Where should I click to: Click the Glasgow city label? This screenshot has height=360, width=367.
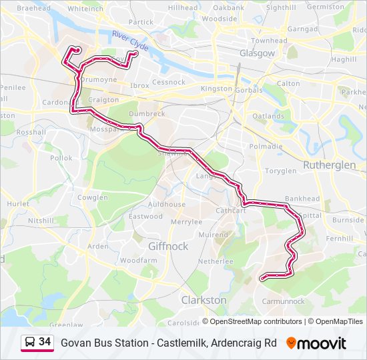point(257,53)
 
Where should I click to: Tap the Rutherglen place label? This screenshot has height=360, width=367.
point(330,164)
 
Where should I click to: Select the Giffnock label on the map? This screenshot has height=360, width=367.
point(168,246)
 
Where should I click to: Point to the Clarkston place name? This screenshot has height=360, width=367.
point(204,300)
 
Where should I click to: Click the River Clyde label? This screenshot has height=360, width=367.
point(130,41)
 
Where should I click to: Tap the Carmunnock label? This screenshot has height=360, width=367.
point(284,301)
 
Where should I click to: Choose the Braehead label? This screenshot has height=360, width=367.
point(33,8)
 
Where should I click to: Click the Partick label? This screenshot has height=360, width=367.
point(141,22)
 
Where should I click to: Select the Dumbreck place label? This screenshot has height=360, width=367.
point(147,114)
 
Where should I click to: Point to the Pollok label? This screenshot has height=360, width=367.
point(61,158)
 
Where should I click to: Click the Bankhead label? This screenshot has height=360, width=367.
point(302,199)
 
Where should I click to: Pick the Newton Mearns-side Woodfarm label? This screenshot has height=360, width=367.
point(139,260)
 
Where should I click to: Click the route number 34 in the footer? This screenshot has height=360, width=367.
point(45,342)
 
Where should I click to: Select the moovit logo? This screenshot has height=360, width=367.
point(316,343)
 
